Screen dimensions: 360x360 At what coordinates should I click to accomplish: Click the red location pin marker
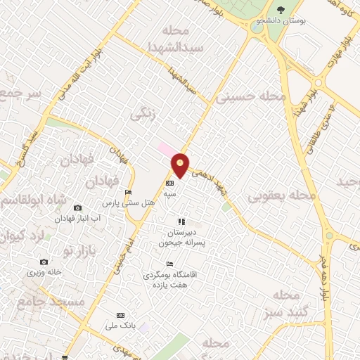pos(181,165)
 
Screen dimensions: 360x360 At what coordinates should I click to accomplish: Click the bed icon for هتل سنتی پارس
pos(128,193)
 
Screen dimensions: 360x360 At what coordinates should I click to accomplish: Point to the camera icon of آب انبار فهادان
pos(77,207)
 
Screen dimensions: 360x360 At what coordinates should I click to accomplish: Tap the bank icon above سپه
pos(169,182)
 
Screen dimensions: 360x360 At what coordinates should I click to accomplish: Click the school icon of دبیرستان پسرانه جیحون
pos(181,221)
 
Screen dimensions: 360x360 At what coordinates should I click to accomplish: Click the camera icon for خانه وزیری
pos(44,262)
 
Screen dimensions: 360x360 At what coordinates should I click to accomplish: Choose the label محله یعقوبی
pos(278,195)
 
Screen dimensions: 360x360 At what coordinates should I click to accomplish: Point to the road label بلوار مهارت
pos(338,49)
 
